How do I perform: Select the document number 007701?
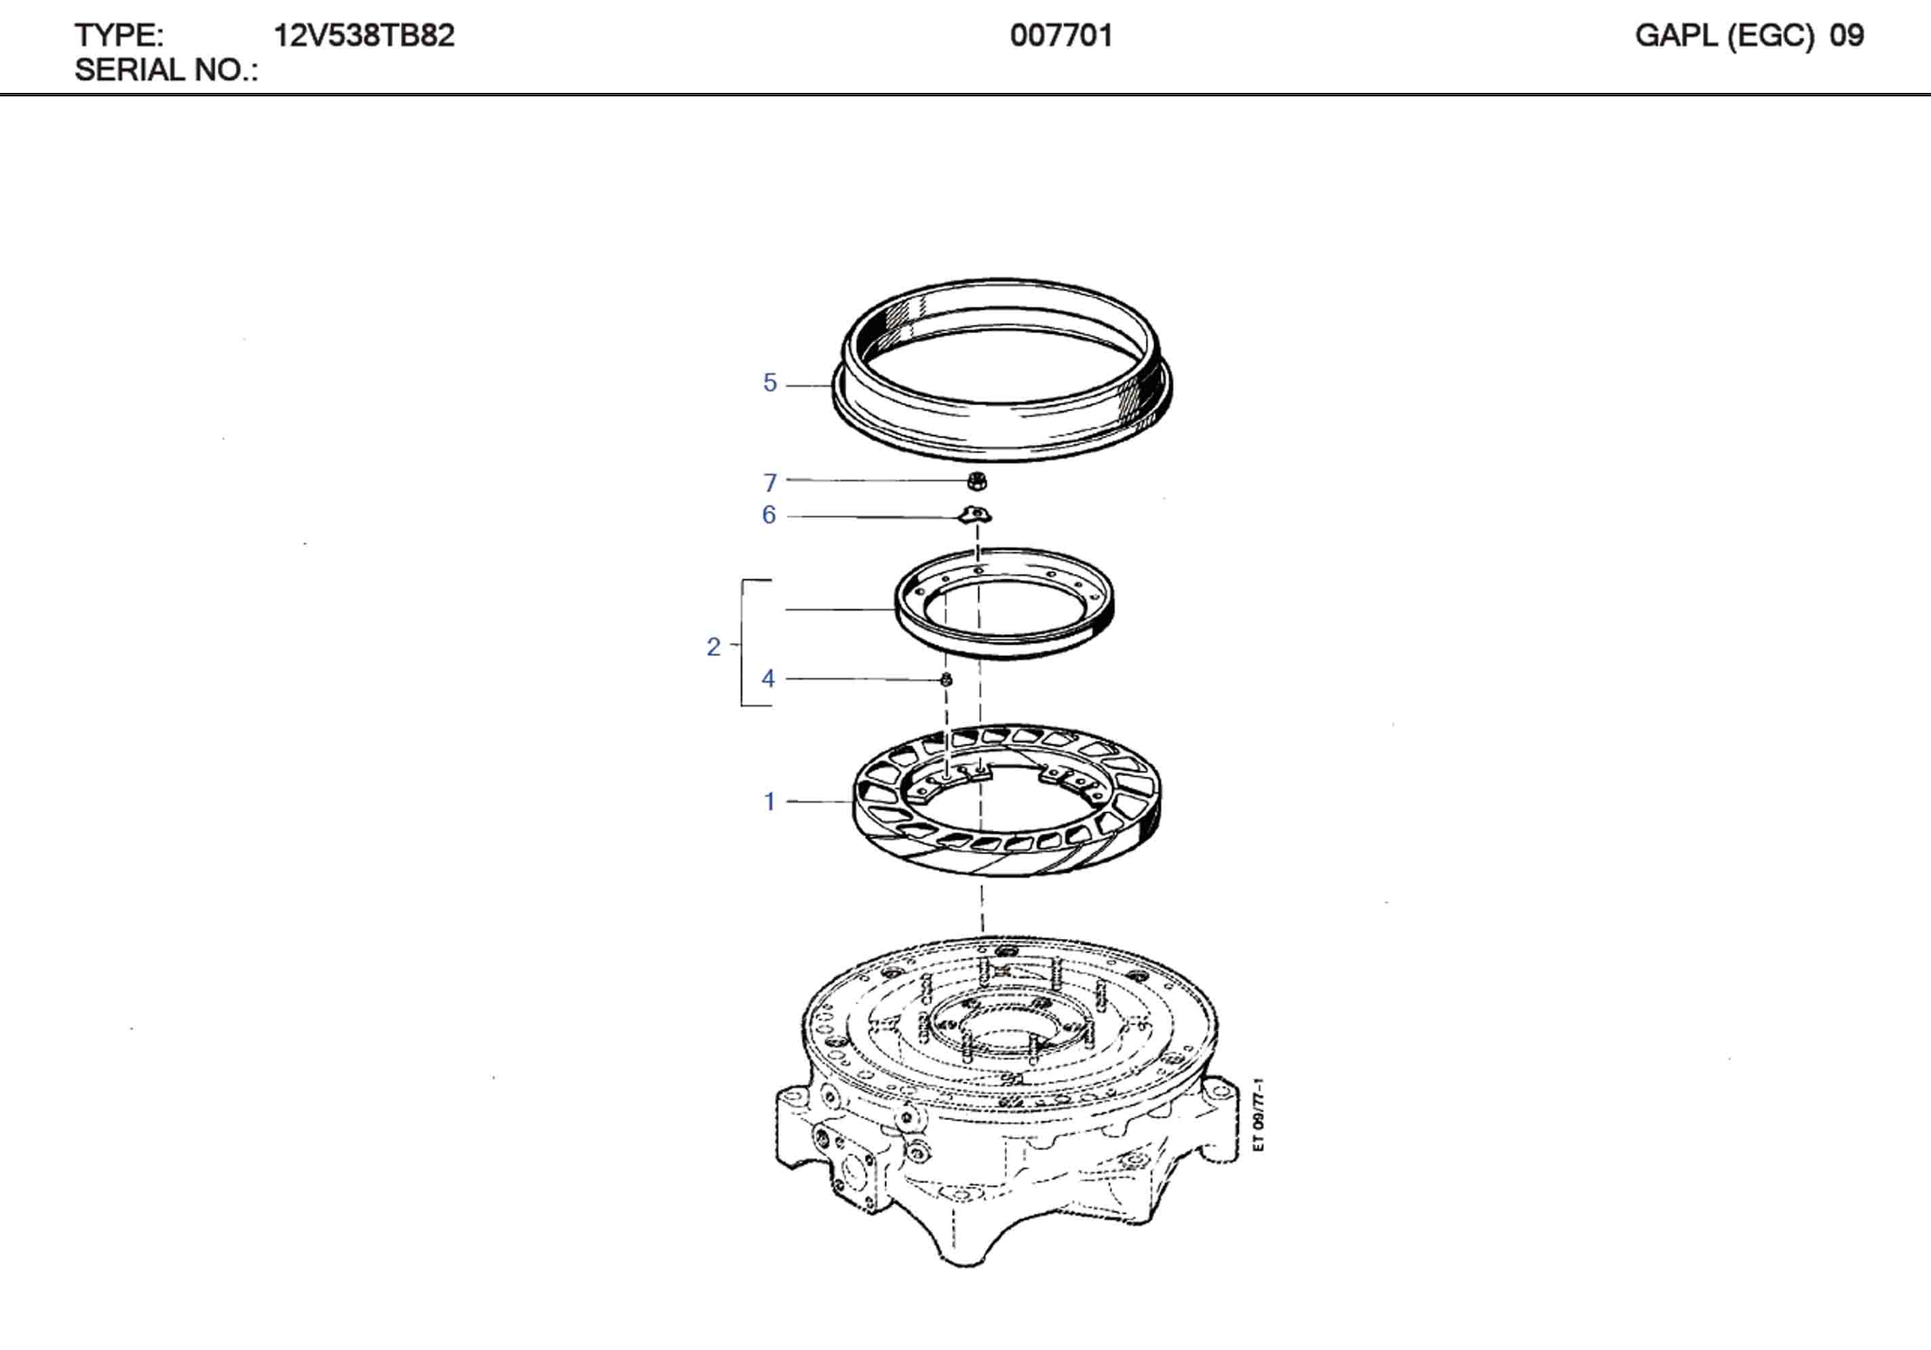(x=1060, y=35)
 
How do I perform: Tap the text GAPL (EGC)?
(x=1723, y=35)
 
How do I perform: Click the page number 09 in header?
(x=1846, y=35)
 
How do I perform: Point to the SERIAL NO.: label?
(x=166, y=70)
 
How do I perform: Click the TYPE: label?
(x=119, y=35)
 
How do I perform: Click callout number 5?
(x=769, y=383)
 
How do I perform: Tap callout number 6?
(x=769, y=515)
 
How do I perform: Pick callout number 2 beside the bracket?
(x=713, y=646)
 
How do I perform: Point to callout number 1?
(x=769, y=802)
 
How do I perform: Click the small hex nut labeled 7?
(x=976, y=481)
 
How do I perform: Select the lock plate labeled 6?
(x=976, y=515)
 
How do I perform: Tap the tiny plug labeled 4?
(x=946, y=679)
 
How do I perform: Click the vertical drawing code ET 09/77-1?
(x=1257, y=1115)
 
